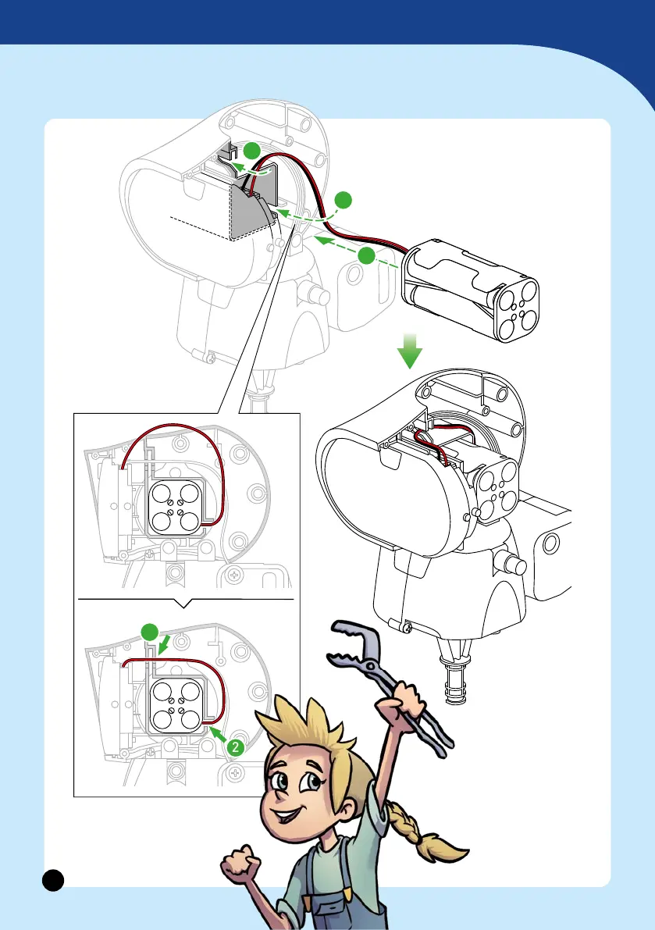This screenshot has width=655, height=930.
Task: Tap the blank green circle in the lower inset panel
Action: click(150, 632)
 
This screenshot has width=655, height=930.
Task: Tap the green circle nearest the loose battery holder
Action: click(365, 255)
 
